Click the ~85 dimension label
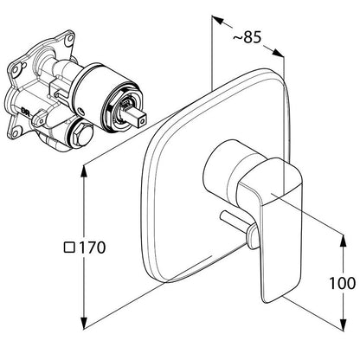[247, 37]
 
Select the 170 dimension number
[93, 247]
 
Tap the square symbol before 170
[69, 247]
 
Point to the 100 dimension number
[343, 283]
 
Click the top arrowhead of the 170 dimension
[84, 172]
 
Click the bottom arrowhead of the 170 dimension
[84, 321]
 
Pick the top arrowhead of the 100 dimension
[343, 241]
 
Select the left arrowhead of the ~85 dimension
[218, 20]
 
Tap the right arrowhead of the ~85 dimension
[278, 53]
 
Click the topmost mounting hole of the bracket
[69, 38]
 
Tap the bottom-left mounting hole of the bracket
[15, 133]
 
